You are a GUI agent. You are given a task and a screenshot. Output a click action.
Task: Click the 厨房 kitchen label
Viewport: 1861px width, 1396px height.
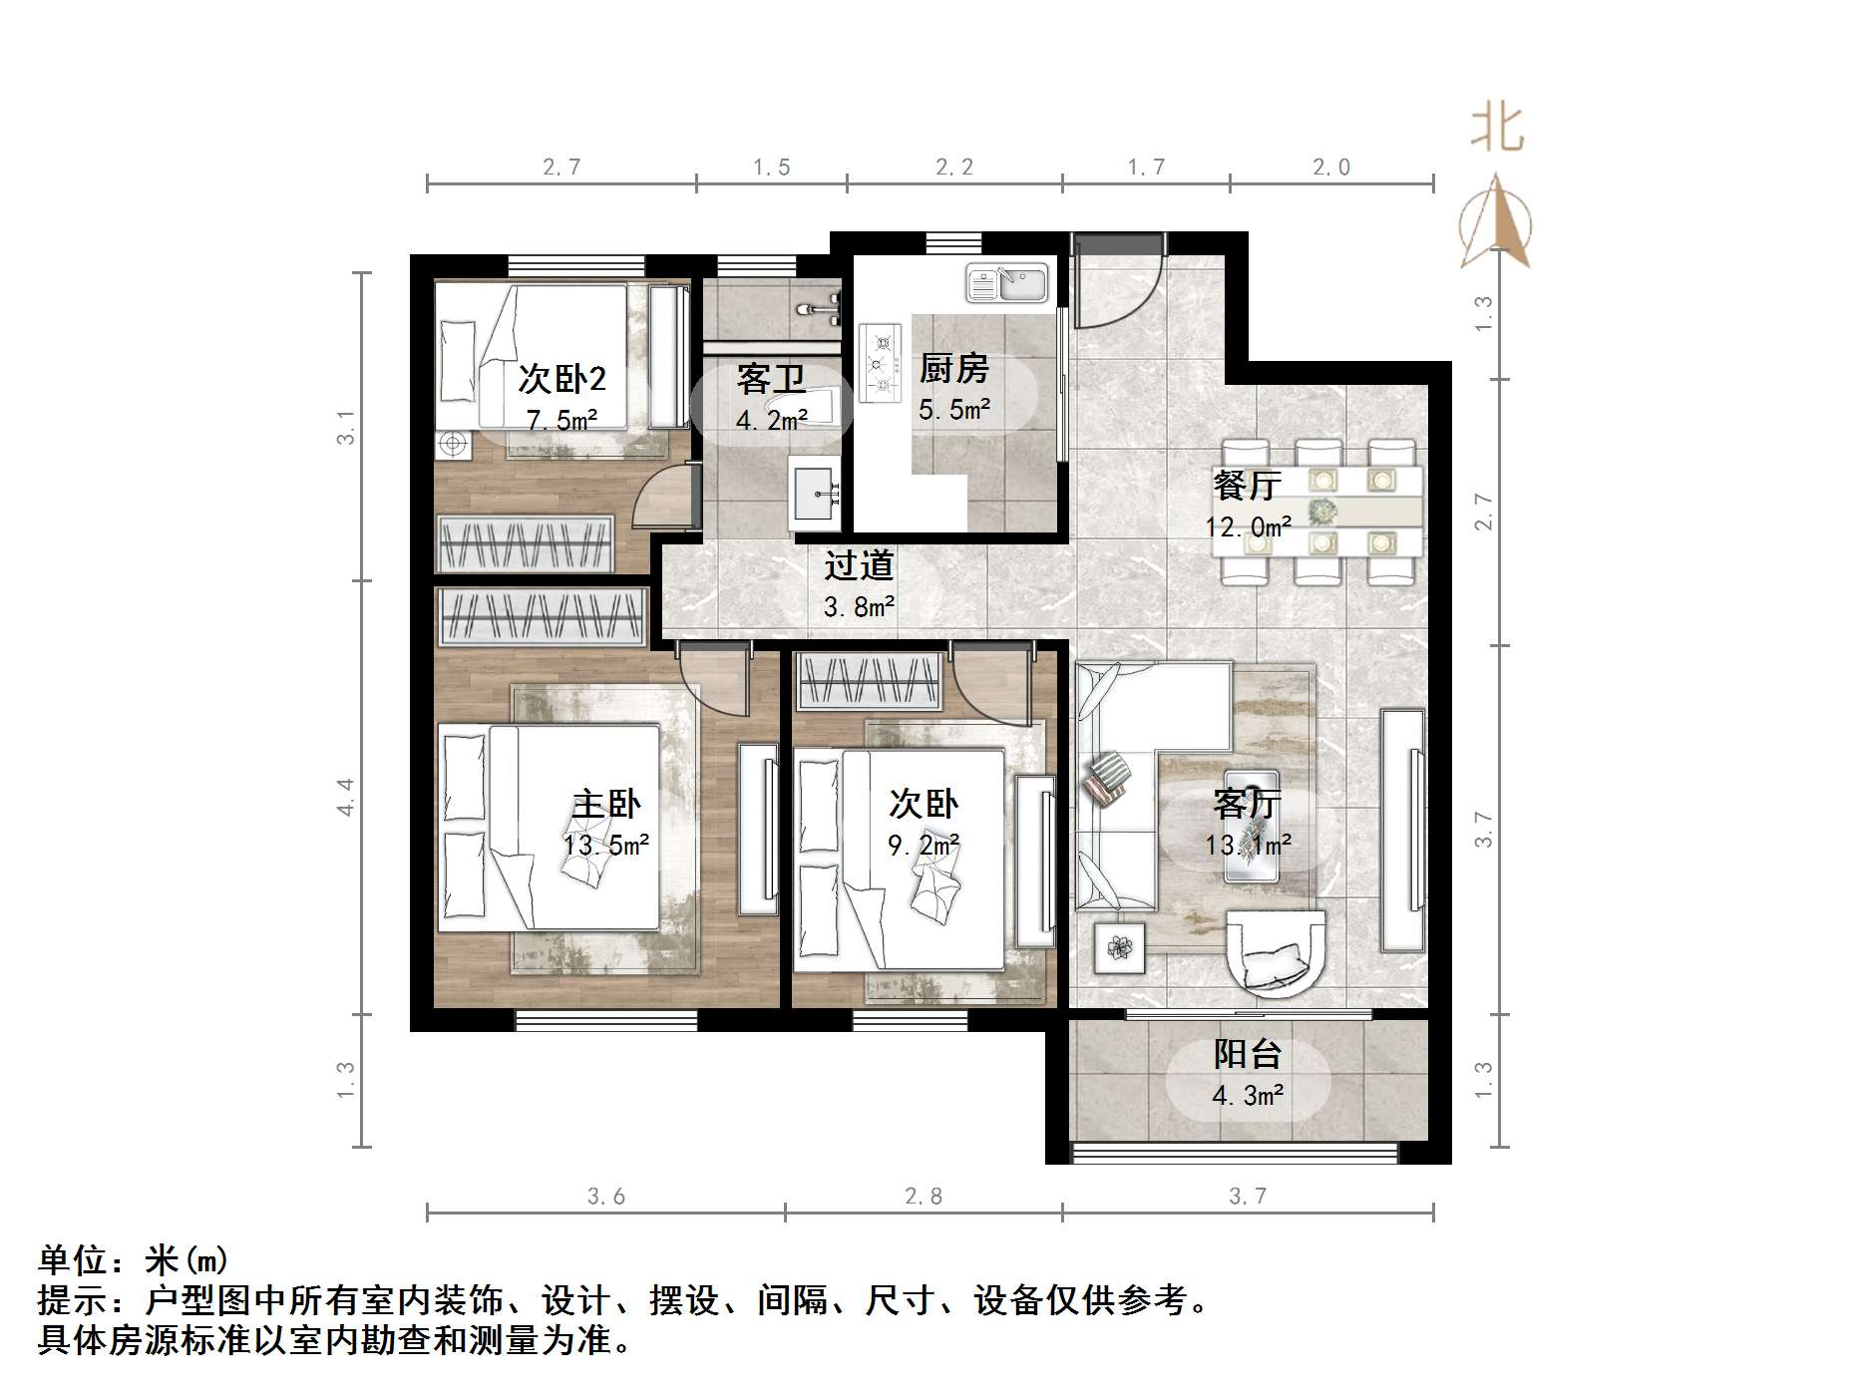coord(953,369)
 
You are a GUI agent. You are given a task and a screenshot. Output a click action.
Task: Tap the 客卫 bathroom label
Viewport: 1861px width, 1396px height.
coord(770,380)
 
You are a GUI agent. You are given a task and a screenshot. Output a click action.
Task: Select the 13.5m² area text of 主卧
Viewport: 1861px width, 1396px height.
coord(606,846)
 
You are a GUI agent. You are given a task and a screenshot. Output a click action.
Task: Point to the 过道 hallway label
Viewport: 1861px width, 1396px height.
coord(858,566)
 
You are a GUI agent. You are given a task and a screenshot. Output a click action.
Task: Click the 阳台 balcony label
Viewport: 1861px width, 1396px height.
coord(1247,1054)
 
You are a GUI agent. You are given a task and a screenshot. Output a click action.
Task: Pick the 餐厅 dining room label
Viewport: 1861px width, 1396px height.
coord(1247,486)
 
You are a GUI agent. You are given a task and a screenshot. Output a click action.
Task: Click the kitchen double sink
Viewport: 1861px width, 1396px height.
coord(1006,283)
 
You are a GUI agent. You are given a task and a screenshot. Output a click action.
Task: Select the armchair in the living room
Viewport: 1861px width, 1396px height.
coord(1277,953)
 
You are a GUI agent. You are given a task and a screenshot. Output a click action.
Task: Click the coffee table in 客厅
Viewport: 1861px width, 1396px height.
coord(1252,827)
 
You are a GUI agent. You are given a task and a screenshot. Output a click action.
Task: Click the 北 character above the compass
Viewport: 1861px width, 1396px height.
coord(1497,129)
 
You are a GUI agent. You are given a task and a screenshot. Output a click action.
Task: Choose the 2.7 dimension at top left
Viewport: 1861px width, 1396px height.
coord(561,168)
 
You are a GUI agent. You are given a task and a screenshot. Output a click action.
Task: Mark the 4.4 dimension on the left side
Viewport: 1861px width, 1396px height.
coord(345,798)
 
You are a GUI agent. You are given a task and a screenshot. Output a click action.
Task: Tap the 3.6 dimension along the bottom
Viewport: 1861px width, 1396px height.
coord(605,1196)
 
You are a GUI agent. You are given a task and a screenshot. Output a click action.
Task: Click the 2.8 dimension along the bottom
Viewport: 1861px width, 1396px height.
coord(923,1196)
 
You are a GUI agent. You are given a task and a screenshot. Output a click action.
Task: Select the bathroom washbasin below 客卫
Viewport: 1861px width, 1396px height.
coord(815,493)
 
